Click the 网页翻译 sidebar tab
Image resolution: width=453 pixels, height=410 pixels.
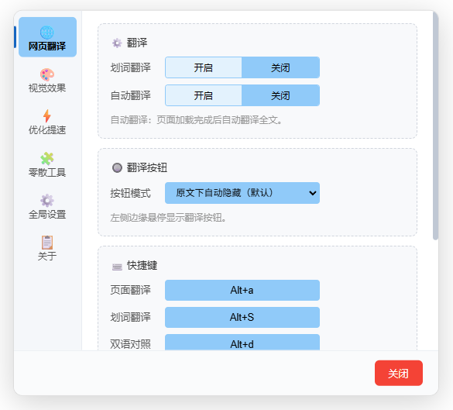coord(47,37)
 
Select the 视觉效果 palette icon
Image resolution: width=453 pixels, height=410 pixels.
coord(47,75)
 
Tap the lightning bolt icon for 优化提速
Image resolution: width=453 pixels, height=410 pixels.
coord(47,116)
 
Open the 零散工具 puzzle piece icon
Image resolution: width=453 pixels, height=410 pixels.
coord(47,159)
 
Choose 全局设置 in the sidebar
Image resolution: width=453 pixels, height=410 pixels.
coord(47,207)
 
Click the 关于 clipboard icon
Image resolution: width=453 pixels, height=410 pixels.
coord(47,243)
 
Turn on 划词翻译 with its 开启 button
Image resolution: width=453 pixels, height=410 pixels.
coord(204,67)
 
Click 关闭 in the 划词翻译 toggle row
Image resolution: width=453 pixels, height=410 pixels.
coord(280,67)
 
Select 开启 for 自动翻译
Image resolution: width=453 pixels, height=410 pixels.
coord(204,95)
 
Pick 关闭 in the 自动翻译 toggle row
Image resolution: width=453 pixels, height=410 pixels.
coord(280,95)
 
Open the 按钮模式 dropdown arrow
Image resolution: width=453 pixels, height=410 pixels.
coord(312,193)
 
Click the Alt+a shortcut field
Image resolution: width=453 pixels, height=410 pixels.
coord(242,290)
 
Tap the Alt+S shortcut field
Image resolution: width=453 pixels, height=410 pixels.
coord(242,317)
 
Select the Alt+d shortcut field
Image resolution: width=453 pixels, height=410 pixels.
coord(242,343)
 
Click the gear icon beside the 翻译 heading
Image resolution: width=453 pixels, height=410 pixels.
coord(117,43)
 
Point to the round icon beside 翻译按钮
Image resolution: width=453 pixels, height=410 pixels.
coord(117,167)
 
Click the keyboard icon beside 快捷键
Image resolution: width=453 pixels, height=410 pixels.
coord(117,267)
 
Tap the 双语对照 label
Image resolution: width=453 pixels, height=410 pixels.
coord(130,344)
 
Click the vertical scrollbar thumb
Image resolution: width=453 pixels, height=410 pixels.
coord(435,126)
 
